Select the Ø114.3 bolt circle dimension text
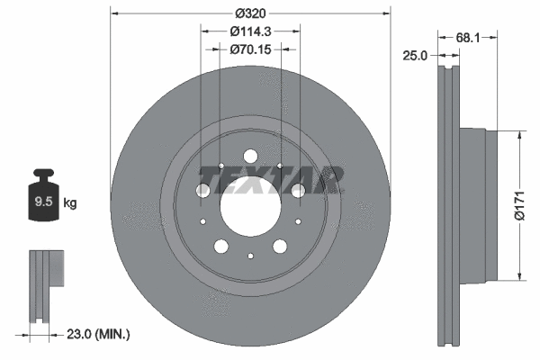pos(251,31)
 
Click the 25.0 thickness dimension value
pos(415,56)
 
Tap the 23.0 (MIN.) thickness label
pos(99,334)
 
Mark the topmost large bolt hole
pos(250,156)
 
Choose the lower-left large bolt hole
pos(221,245)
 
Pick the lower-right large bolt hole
pos(279,245)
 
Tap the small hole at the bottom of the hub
pos(250,256)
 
